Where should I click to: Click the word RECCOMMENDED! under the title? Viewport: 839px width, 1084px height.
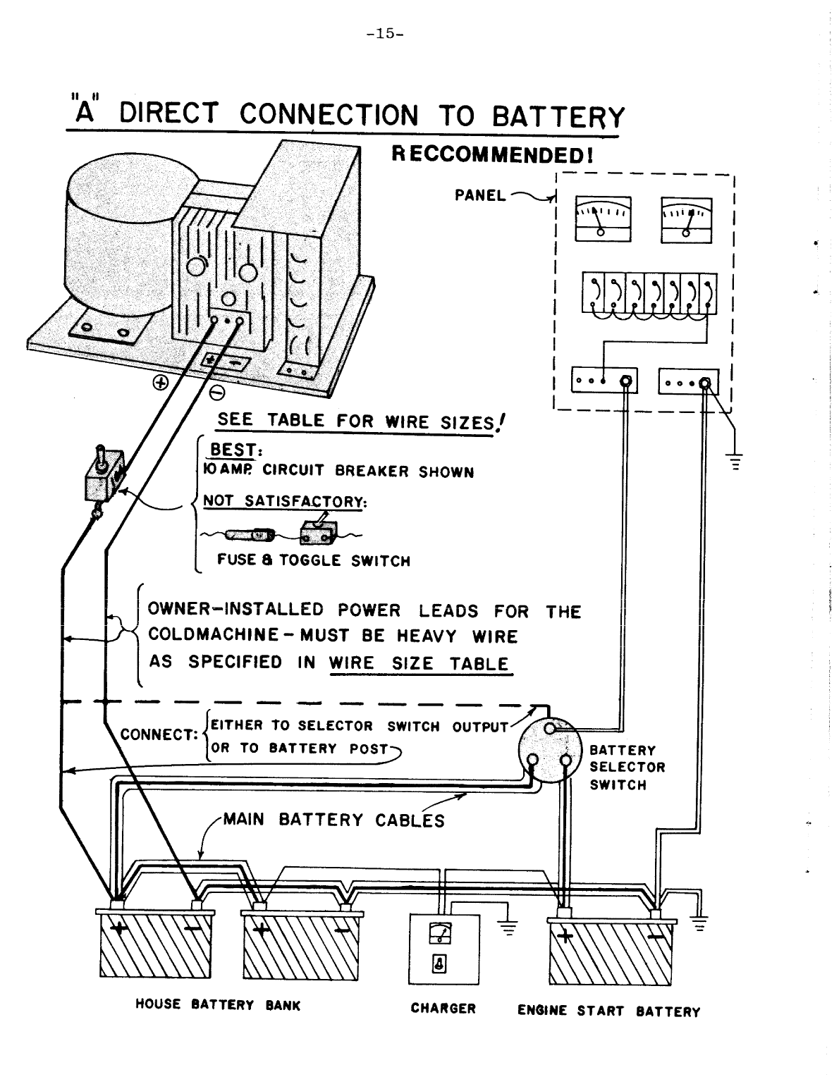pyautogui.click(x=491, y=154)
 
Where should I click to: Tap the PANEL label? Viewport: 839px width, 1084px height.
pyautogui.click(x=480, y=195)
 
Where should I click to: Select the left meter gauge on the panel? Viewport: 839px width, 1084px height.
pyautogui.click(x=603, y=218)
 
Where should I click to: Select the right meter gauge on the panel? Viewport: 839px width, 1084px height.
pyautogui.click(x=686, y=218)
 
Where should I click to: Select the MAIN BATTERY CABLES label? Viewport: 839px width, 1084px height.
pyautogui.click(x=334, y=820)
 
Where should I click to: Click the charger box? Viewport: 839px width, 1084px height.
pyautogui.click(x=443, y=949)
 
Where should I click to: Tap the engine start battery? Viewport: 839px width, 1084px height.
pyautogui.click(x=610, y=951)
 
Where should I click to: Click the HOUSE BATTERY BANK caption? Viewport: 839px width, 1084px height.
pyautogui.click(x=217, y=1005)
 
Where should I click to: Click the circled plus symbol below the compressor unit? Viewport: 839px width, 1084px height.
pyautogui.click(x=161, y=383)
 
